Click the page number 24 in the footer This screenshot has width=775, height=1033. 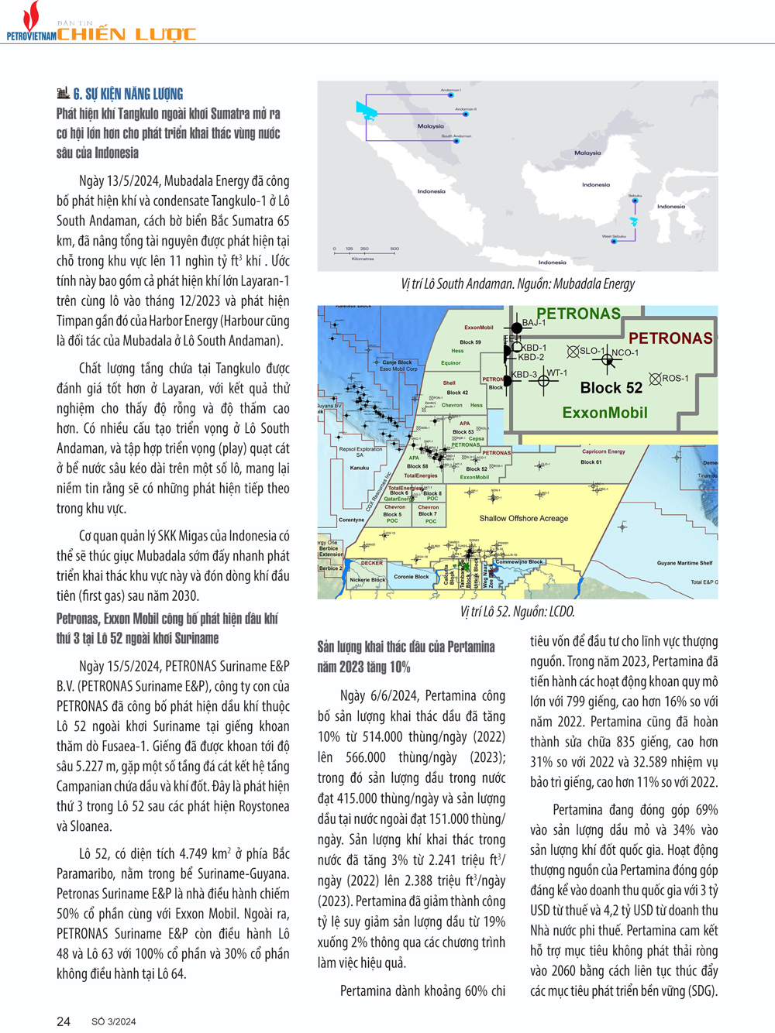pyautogui.click(x=64, y=1021)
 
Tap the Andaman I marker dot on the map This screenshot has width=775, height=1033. pyautogui.click(x=451, y=95)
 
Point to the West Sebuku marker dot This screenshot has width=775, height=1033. pyautogui.click(x=614, y=242)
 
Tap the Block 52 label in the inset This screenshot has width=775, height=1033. pyautogui.click(x=611, y=388)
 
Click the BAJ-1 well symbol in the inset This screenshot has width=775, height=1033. pyautogui.click(x=516, y=328)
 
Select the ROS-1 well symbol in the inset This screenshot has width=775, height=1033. pyautogui.click(x=655, y=379)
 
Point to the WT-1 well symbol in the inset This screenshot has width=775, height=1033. pyautogui.click(x=543, y=381)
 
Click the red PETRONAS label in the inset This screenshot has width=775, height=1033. pyautogui.click(x=670, y=338)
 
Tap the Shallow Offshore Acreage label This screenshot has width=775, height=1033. pyautogui.click(x=523, y=519)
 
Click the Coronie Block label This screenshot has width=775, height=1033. pyautogui.click(x=411, y=577)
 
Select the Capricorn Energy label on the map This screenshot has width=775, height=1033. pyautogui.click(x=603, y=451)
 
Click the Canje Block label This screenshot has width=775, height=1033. pyautogui.click(x=397, y=362)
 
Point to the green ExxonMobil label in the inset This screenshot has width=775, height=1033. pyautogui.click(x=604, y=413)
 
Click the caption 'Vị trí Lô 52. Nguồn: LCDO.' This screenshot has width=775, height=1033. pyautogui.click(x=517, y=612)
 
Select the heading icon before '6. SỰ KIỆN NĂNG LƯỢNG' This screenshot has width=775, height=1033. pyautogui.click(x=64, y=94)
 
